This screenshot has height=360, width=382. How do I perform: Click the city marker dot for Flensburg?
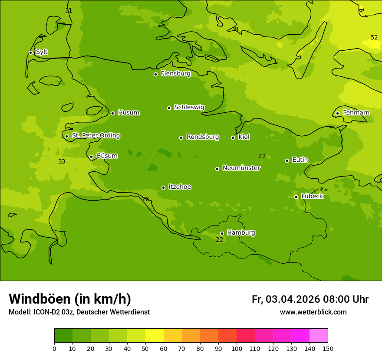tap(155, 74)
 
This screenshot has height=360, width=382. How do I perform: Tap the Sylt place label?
tap(42, 52)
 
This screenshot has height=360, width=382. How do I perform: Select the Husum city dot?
tap(112, 113)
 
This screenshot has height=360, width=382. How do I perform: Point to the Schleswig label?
tap(189, 107)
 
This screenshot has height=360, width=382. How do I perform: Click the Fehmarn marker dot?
tap(337, 113)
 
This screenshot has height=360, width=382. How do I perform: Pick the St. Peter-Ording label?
tap(95, 136)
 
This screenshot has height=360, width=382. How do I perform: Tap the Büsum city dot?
tap(91, 157)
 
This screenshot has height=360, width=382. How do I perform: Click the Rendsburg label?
tap(202, 137)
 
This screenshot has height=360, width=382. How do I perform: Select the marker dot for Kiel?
tap(233, 137)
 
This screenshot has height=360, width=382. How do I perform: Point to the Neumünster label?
tap(241, 168)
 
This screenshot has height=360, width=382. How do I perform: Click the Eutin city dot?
tap(287, 160)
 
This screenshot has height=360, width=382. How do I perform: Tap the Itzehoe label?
tap(180, 187)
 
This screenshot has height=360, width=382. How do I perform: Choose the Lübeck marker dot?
tap(296, 197)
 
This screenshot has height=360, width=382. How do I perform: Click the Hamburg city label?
tap(241, 233)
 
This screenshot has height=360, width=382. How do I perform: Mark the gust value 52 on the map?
tap(374, 37)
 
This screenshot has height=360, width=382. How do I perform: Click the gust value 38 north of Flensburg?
tap(235, 29)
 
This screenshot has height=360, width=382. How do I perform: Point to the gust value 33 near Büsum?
tap(62, 161)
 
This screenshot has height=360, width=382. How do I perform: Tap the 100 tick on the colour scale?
tap(237, 348)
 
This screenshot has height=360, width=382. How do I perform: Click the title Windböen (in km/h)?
tap(70, 299)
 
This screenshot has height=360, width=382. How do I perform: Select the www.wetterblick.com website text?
tap(313, 312)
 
